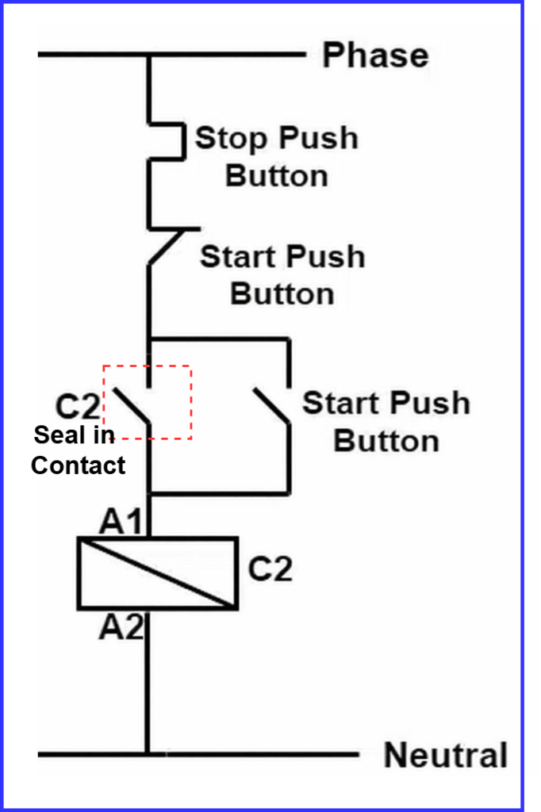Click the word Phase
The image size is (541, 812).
tap(375, 56)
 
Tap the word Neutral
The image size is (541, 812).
tap(446, 755)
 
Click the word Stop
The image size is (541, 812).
tap(232, 138)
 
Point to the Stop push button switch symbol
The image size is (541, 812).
tap(167, 141)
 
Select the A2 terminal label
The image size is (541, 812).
tap(121, 628)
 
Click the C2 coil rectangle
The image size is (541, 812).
tap(157, 573)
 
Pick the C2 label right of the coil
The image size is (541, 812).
tap(270, 569)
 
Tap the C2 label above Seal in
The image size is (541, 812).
tap(78, 408)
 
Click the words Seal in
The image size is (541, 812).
tap(74, 435)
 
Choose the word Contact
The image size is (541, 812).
tap(78, 465)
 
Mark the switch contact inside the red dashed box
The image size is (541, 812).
tap(133, 406)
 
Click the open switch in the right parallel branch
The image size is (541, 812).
tap(272, 406)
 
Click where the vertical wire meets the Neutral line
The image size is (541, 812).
tap(148, 754)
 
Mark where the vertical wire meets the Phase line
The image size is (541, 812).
tap(148, 55)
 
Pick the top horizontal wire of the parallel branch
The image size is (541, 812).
tap(218, 339)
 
